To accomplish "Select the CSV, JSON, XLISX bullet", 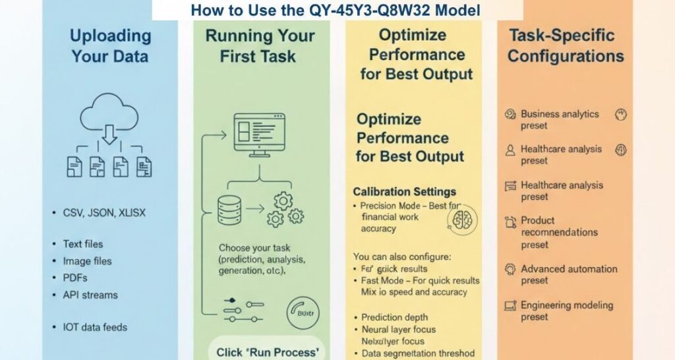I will tap(104, 213).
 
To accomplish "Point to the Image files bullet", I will tap(87, 261).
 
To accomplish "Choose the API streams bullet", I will tap(90, 295).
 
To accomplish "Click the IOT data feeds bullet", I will tap(95, 327).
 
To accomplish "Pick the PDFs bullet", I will tap(75, 278).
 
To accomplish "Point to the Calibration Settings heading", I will tap(404, 192).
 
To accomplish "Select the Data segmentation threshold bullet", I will tap(418, 353).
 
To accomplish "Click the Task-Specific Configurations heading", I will tap(565, 45).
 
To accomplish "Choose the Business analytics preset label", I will tap(559, 119).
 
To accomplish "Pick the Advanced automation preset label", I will tap(568, 274).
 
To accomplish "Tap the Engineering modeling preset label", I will tap(566, 311).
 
